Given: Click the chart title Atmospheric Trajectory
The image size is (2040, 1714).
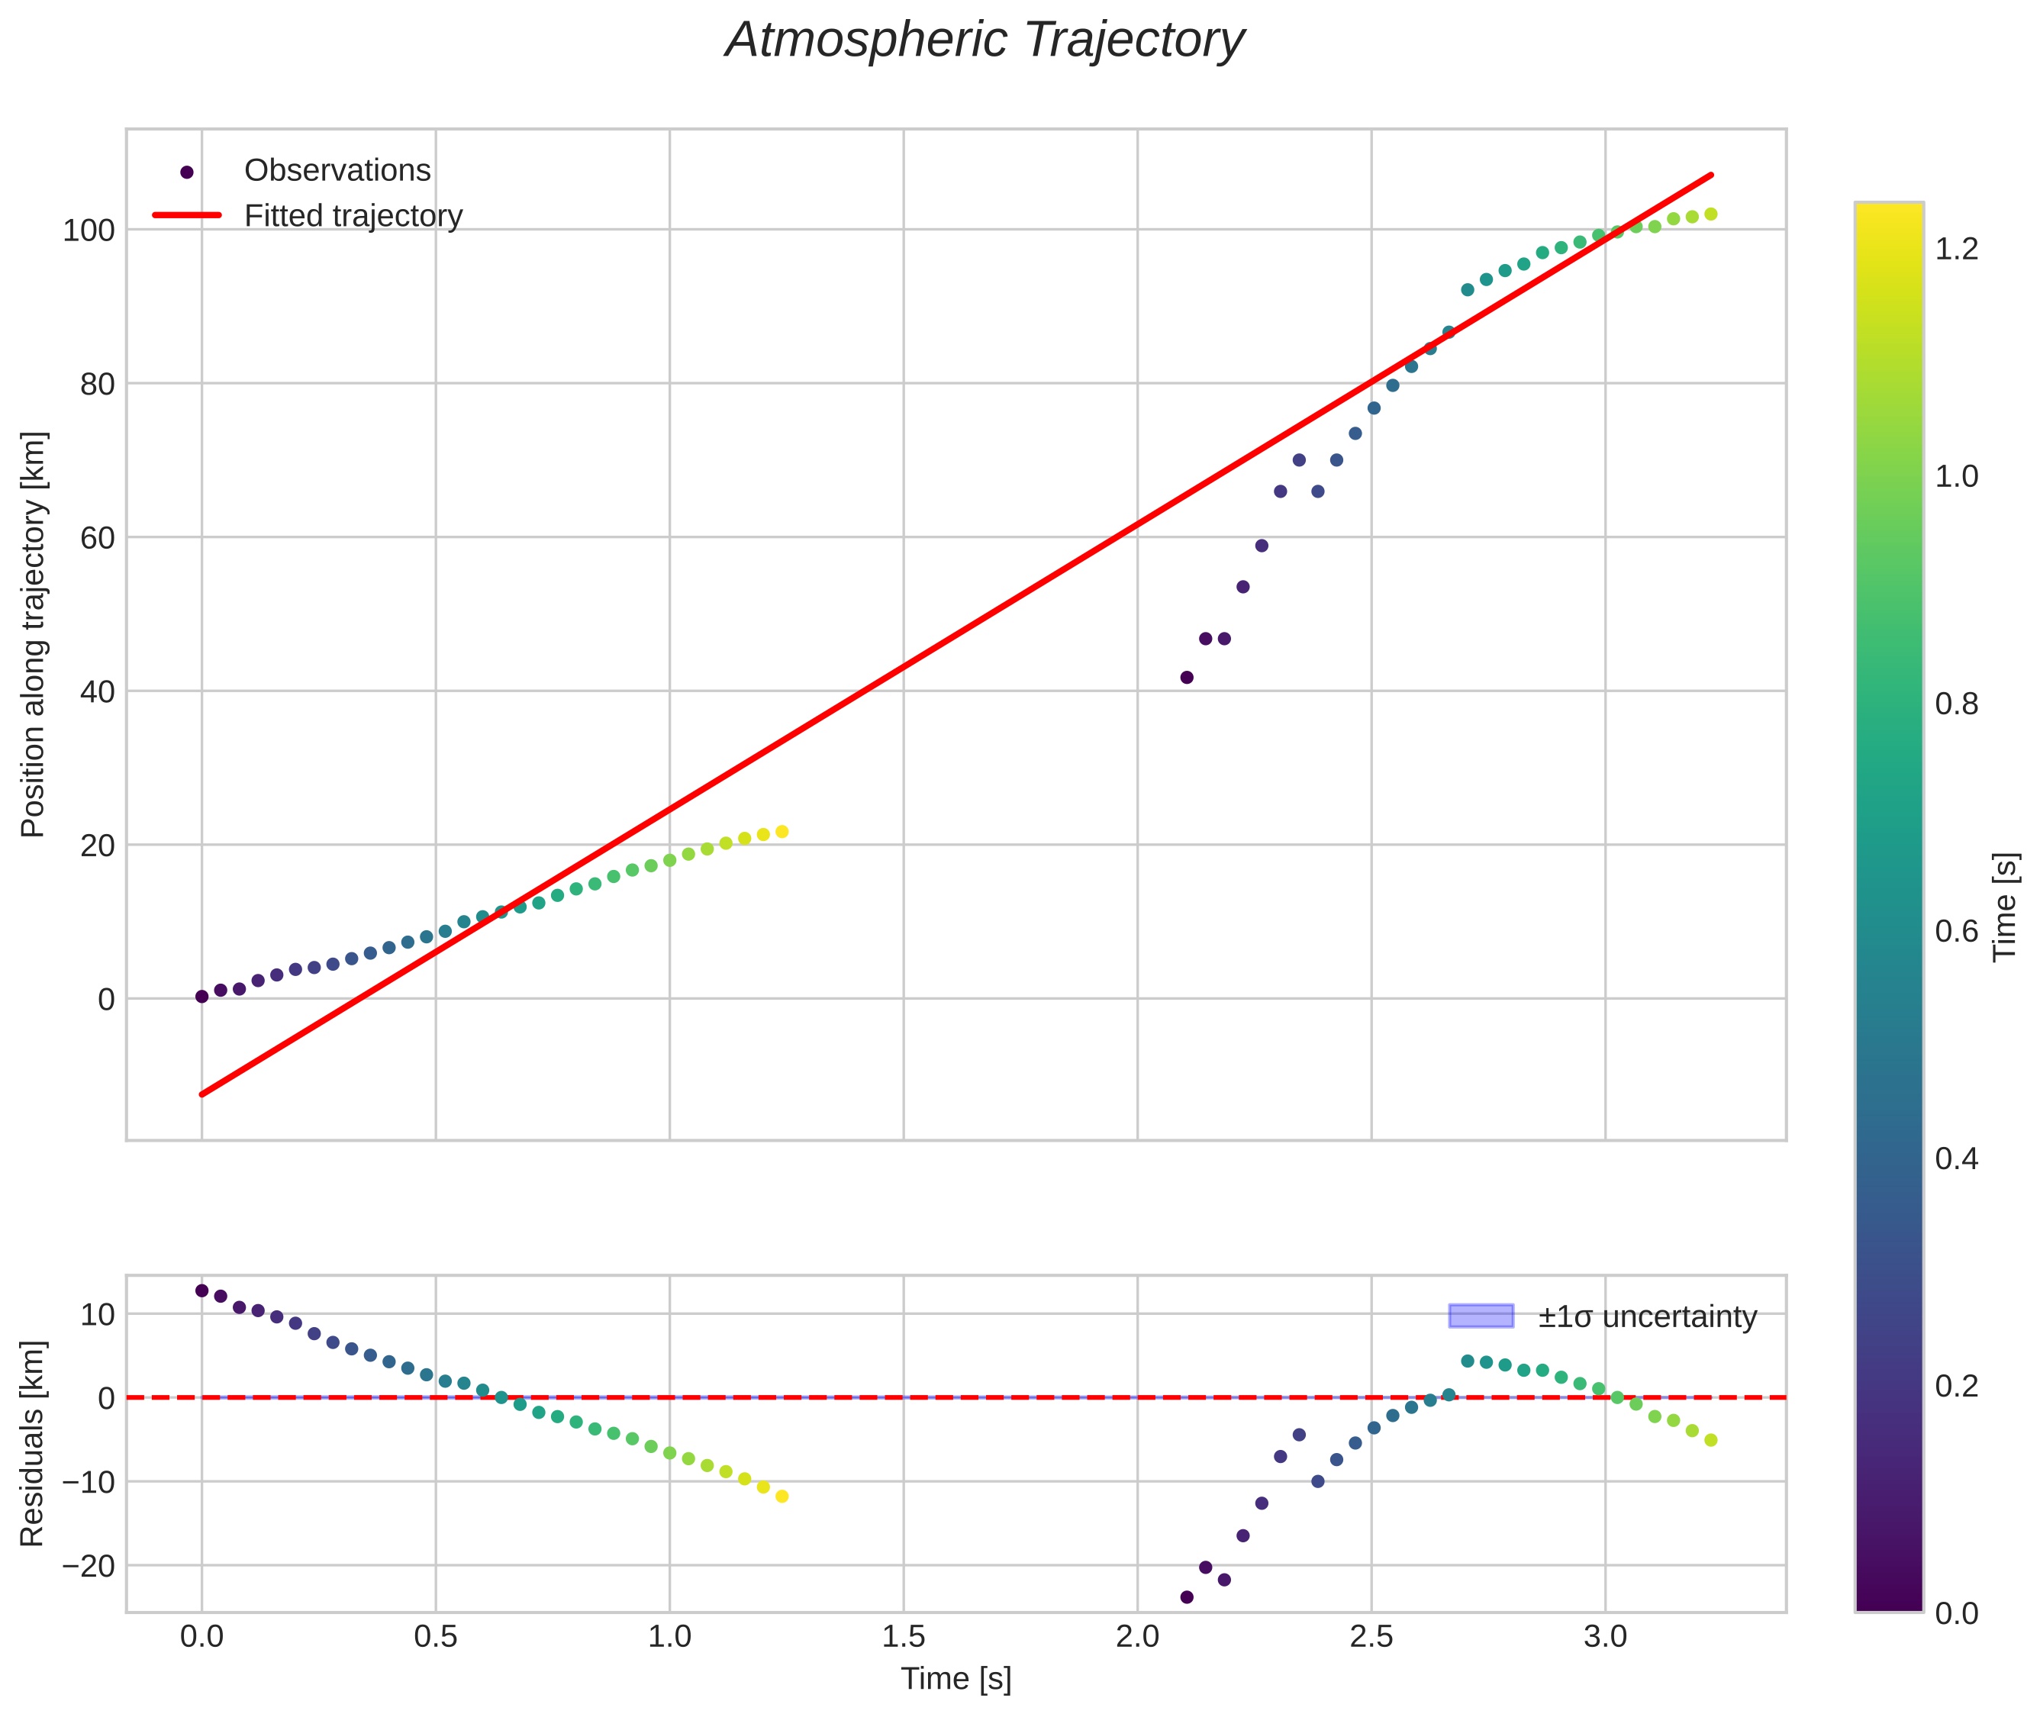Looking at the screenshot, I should coord(984,40).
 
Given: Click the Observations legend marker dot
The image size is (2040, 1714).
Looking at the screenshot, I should coord(187,172).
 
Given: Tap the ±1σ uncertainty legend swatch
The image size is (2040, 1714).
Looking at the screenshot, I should coord(1480,1316).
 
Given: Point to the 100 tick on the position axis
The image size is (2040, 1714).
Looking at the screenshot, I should coord(89,231).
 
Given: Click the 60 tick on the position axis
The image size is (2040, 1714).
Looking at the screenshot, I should coord(97,538).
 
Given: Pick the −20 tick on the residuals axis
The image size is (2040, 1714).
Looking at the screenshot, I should coord(88,1565).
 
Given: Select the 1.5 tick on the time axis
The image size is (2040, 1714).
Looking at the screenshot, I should coord(903,1637).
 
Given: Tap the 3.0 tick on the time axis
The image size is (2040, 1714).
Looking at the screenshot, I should coord(1604,1637).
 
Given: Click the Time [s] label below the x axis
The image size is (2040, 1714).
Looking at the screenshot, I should coord(956,1679).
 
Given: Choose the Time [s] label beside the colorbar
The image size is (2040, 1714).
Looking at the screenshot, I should coord(2004,907).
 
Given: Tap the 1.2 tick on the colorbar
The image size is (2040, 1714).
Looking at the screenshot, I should coord(1955,250).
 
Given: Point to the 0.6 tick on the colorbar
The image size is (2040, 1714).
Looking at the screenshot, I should coord(1955,932).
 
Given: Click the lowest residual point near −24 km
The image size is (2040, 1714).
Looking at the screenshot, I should coord(1187,1596).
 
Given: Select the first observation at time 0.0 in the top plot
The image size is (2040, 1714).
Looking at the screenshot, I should coord(202,996).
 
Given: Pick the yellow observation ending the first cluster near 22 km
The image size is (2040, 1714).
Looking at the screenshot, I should coord(782,832).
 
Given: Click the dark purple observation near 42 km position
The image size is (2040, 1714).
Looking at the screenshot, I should coord(1187,677).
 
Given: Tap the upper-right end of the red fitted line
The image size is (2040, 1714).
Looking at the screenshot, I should coord(1710,176).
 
